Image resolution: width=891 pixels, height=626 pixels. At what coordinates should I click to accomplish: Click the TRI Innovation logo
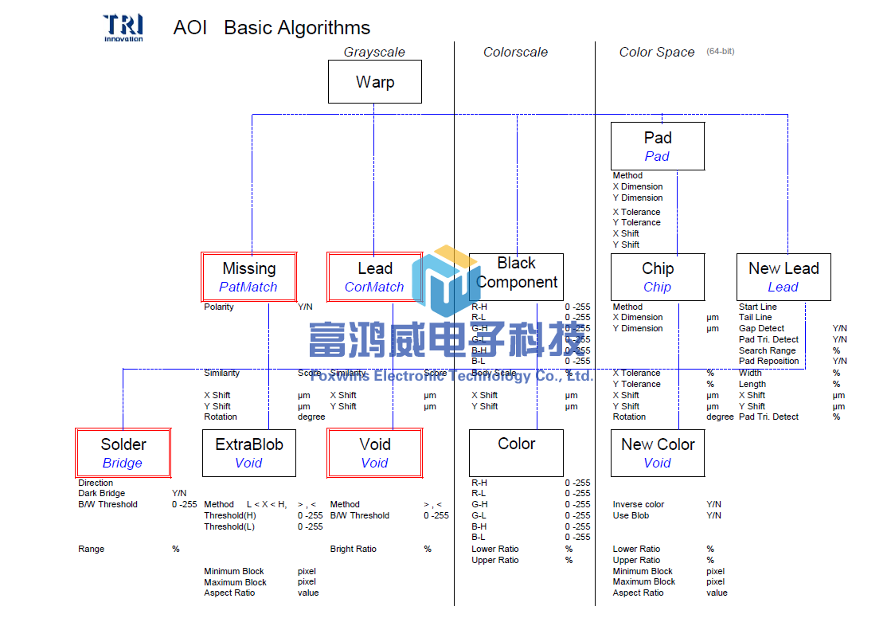click(x=123, y=27)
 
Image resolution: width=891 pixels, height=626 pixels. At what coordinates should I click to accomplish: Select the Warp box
click(x=375, y=82)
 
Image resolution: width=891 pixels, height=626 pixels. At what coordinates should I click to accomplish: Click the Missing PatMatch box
click(x=248, y=277)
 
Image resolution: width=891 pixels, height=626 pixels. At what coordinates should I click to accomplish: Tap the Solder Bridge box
click(x=123, y=453)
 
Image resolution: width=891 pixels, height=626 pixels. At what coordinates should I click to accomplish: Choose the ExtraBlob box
click(x=249, y=453)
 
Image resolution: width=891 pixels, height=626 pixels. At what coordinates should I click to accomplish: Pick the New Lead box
click(x=784, y=277)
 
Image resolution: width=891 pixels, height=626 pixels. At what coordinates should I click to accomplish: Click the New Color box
click(x=658, y=453)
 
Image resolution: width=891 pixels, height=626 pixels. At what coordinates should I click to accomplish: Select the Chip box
click(x=658, y=277)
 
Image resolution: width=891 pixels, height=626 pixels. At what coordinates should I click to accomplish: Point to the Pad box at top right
click(x=658, y=147)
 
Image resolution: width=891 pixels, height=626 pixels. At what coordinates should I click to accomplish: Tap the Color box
click(x=516, y=453)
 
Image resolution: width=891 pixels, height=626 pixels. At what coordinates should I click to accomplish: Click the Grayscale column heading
click(x=374, y=53)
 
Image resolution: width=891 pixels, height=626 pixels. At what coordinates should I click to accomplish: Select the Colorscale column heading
click(x=515, y=53)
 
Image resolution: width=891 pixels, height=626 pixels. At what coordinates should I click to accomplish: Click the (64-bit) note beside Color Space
click(x=720, y=52)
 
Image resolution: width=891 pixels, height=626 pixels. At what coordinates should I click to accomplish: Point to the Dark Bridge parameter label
click(x=101, y=494)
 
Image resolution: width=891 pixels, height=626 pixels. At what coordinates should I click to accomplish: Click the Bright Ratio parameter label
click(x=353, y=550)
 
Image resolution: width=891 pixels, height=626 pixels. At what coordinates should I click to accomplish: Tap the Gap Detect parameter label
click(x=761, y=329)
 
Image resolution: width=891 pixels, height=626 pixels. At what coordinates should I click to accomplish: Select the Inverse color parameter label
click(x=638, y=505)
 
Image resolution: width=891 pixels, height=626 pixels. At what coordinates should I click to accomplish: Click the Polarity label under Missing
click(x=219, y=307)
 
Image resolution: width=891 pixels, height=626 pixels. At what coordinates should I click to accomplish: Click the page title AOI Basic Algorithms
click(x=272, y=28)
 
